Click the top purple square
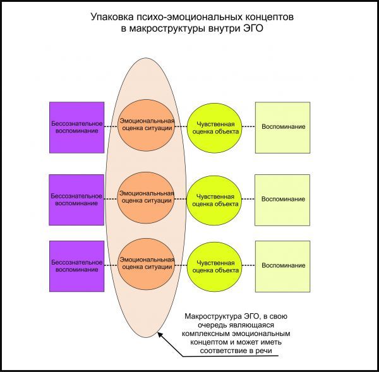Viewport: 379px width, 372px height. pos(77,128)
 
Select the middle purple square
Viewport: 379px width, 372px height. pos(76,200)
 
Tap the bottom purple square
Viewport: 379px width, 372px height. pos(77,266)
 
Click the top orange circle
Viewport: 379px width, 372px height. pos(147,125)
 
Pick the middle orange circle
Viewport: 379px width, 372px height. pos(146,198)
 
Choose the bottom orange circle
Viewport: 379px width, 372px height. pos(147,264)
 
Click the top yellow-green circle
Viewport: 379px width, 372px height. pos(215,128)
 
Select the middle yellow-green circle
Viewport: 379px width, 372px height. pos(214,200)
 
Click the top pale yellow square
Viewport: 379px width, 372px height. pos(283,128)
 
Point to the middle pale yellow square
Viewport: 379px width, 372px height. pos(282,200)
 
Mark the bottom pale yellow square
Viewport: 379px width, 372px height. pos(283,266)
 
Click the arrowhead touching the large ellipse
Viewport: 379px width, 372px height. pos(160,335)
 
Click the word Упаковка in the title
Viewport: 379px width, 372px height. pos(112,17)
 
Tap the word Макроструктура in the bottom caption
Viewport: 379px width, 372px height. pos(213,316)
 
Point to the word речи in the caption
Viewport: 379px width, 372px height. pos(264,351)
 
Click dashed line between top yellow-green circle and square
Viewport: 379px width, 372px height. pos(249,126)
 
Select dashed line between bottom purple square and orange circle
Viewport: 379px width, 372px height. pos(111,265)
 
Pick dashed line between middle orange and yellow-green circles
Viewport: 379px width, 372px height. pos(181,199)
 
